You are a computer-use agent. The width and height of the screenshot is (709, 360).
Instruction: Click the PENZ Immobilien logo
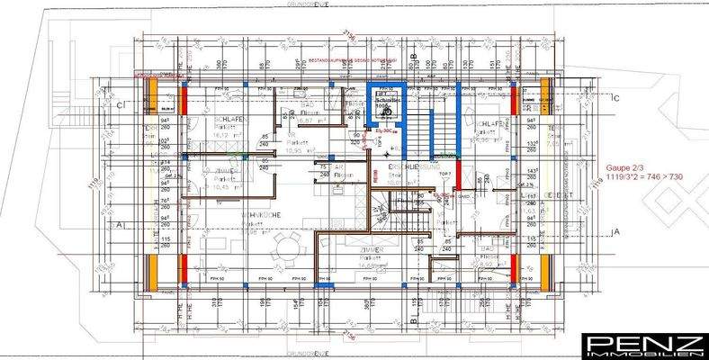point(643,345)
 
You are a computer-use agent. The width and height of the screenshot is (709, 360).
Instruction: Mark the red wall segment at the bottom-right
point(513,268)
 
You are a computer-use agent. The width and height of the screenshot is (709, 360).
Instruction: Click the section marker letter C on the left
point(119,104)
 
